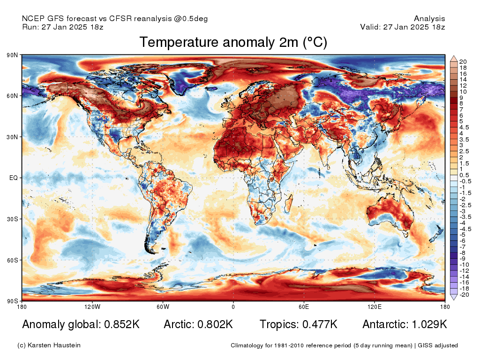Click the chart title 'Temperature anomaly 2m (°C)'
coord(233,42)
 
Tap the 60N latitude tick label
coord(12,96)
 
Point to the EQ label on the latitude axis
coord(14,178)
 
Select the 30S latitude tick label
coord(12,219)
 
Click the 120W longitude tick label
coord(92,307)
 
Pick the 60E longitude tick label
coord(304,307)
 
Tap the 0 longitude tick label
coord(233,307)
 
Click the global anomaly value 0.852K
coord(122,324)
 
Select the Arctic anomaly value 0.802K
coord(215,324)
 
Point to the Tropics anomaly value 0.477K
coord(320,324)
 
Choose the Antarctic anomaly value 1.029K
coord(429,324)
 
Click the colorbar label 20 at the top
coord(463,62)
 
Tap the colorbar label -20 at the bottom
coord(464,295)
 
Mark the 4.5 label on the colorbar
coord(464,127)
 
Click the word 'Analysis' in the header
coord(429,19)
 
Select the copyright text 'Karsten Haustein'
coord(54,345)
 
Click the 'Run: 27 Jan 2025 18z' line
coord(63,27)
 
